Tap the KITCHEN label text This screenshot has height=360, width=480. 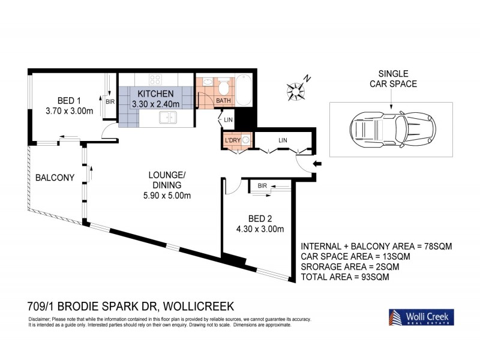pos(155,94)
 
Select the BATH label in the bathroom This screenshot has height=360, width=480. pos(223,100)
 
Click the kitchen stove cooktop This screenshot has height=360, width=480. pos(157,79)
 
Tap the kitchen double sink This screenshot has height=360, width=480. pos(166,119)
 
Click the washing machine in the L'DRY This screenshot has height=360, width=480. pos(246,140)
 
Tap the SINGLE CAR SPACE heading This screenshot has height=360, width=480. pos(393,79)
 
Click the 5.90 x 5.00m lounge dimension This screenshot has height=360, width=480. pos(167,196)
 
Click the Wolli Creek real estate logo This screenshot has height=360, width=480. pos(419,317)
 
